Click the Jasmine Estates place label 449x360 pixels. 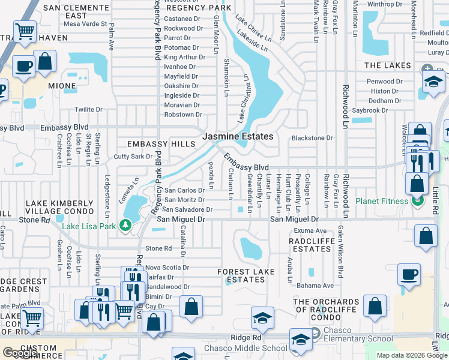[238, 137]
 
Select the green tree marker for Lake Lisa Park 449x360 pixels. [125, 226]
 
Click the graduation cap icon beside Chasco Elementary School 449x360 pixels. [300, 340]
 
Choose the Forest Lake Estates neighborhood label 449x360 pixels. [246, 275]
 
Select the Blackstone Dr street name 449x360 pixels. [312, 138]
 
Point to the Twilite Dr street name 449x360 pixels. [89, 109]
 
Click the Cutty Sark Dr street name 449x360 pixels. [133, 157]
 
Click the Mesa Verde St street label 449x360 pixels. [85, 25]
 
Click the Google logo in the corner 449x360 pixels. [20, 353]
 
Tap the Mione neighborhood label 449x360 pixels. [62, 86]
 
